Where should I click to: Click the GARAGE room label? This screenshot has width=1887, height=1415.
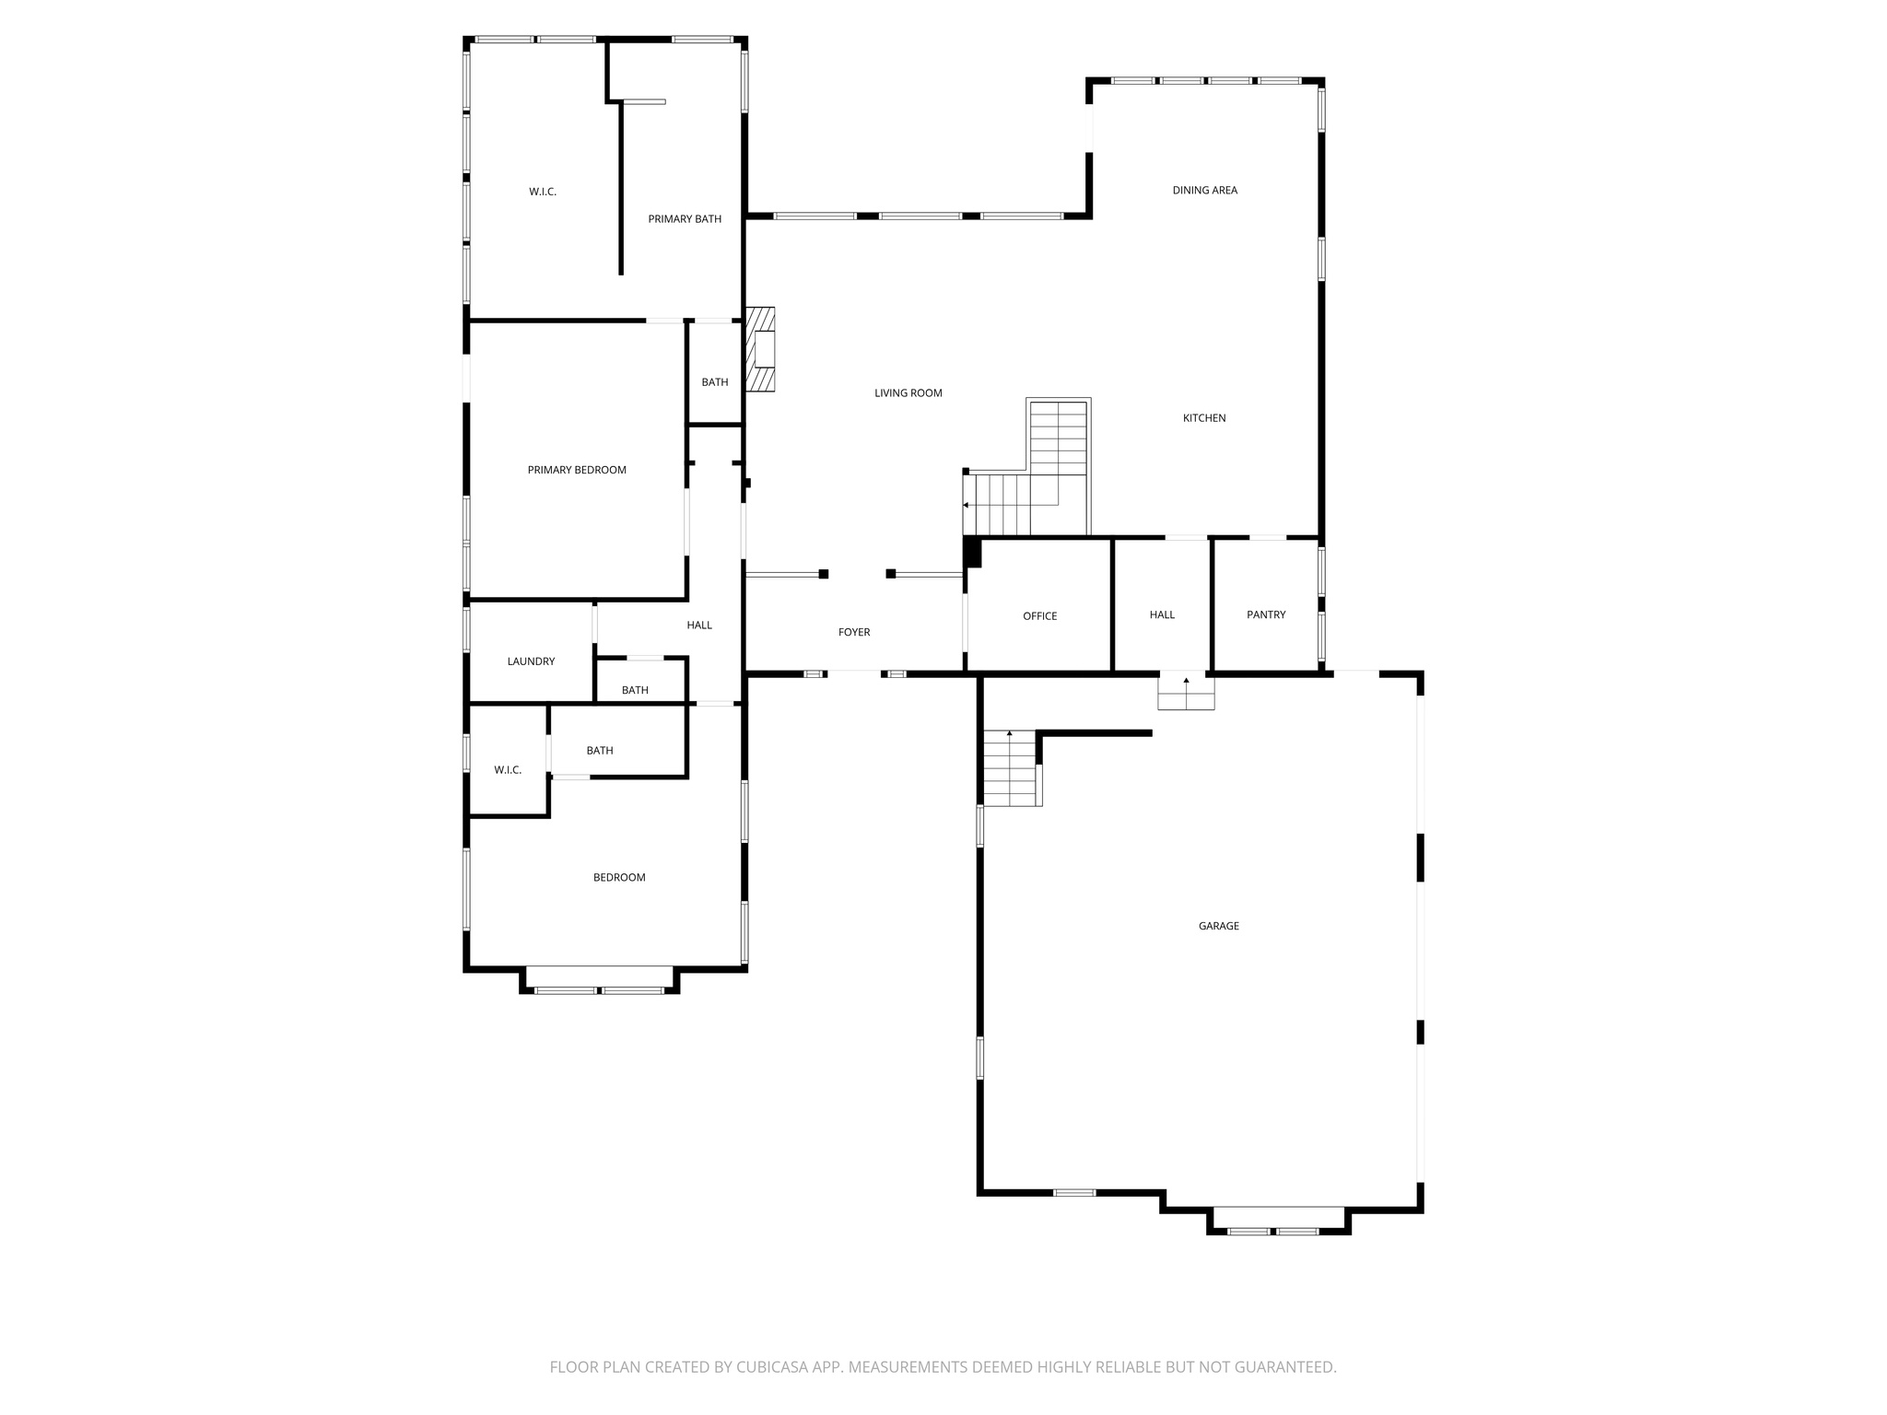click(1218, 926)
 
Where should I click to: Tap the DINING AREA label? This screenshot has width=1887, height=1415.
click(1204, 191)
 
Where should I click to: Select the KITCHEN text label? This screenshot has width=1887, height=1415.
click(1204, 418)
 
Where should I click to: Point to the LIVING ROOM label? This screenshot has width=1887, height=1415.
click(908, 393)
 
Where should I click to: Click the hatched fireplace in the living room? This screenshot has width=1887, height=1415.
click(760, 349)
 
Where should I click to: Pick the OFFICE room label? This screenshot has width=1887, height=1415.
click(1039, 616)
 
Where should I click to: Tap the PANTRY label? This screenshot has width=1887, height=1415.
click(1265, 614)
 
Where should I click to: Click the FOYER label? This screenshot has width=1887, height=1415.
click(854, 632)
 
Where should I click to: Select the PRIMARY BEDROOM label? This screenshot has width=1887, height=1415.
click(577, 470)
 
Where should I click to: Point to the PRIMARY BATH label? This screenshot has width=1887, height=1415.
click(685, 219)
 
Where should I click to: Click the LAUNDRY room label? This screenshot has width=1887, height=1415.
click(531, 661)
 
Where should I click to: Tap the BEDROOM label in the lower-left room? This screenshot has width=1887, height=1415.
click(619, 878)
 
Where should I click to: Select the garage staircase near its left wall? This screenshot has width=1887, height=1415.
click(1011, 768)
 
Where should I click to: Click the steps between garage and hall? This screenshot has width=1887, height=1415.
click(1186, 693)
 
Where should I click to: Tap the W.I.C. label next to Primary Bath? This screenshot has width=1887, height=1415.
click(543, 192)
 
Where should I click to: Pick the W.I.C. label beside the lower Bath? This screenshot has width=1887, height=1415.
click(508, 770)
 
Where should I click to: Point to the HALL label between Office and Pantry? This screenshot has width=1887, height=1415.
click(1162, 614)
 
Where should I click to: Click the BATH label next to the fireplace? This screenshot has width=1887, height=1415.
click(715, 382)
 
